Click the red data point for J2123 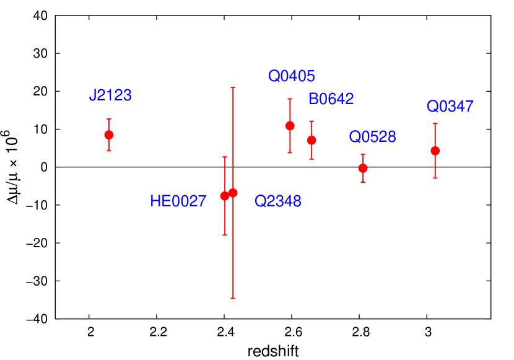click(x=109, y=135)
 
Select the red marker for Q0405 click(x=290, y=126)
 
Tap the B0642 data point click(x=311, y=140)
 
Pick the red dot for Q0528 click(x=363, y=168)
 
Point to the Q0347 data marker click(x=435, y=151)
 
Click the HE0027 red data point click(x=225, y=196)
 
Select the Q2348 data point click(x=233, y=193)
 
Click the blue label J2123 click(x=110, y=95)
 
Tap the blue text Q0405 click(x=291, y=76)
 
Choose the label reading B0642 click(x=331, y=99)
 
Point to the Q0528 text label click(x=372, y=137)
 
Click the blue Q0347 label click(x=450, y=107)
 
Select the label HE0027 click(x=178, y=201)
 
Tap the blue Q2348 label click(x=277, y=201)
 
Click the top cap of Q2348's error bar click(x=233, y=88)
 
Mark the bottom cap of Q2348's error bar click(x=233, y=298)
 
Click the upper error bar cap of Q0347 click(x=435, y=124)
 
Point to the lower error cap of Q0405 click(x=290, y=152)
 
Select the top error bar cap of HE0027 click(x=225, y=157)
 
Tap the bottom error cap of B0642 click(x=311, y=159)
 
